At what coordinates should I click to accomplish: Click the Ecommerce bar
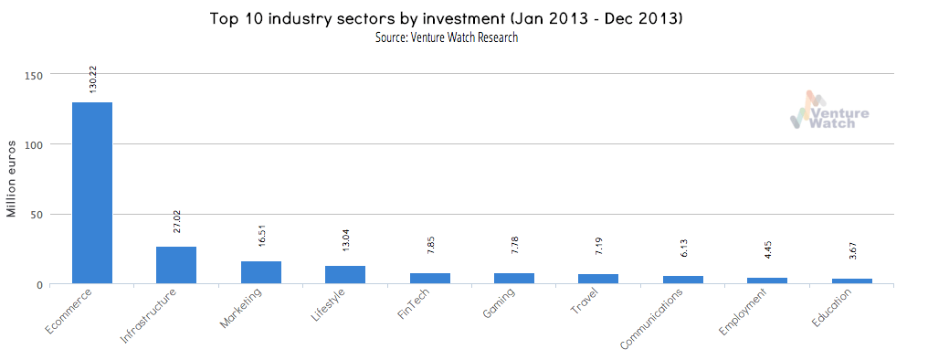(92, 193)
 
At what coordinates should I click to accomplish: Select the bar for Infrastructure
(176, 265)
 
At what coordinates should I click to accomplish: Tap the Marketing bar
(261, 272)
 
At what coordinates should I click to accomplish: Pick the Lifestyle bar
(345, 275)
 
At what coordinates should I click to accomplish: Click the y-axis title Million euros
(12, 179)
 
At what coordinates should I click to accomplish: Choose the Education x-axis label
(831, 310)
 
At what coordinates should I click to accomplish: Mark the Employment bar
(768, 281)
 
